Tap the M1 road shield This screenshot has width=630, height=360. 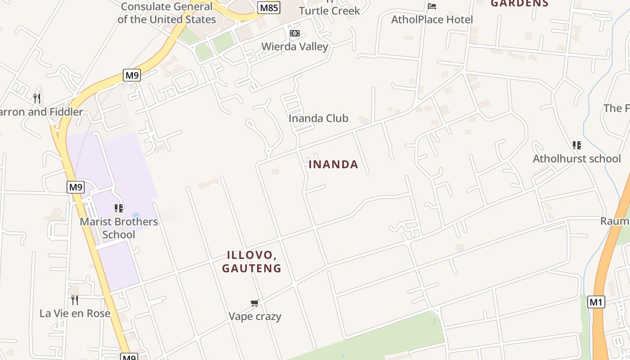pyautogui.click(x=596, y=302)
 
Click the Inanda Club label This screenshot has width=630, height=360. pyautogui.click(x=318, y=118)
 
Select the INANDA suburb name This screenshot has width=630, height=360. pyautogui.click(x=333, y=165)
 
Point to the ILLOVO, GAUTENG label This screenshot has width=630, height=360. pyautogui.click(x=252, y=261)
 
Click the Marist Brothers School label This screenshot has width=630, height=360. pyautogui.click(x=119, y=228)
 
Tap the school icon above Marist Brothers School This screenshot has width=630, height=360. pyautogui.click(x=119, y=208)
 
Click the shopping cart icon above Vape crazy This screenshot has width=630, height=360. pyautogui.click(x=255, y=303)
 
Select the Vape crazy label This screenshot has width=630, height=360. pyautogui.click(x=255, y=316)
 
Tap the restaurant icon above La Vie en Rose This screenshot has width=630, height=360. pyautogui.click(x=75, y=300)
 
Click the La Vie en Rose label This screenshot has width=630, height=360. pyautogui.click(x=75, y=313)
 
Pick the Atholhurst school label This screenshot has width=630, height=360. pyautogui.click(x=576, y=158)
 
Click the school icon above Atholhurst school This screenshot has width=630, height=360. pyautogui.click(x=576, y=145)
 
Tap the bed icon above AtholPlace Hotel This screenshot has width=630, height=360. pyautogui.click(x=432, y=6)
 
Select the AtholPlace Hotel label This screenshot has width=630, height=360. pyautogui.click(x=432, y=19)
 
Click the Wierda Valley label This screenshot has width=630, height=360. pyautogui.click(x=295, y=46)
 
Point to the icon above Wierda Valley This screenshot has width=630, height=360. pyautogui.click(x=295, y=33)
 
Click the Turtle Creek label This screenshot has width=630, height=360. pyautogui.click(x=329, y=10)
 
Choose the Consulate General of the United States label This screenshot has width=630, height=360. pyautogui.click(x=166, y=13)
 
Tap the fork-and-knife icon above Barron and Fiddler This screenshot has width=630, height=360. pyautogui.click(x=37, y=98)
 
